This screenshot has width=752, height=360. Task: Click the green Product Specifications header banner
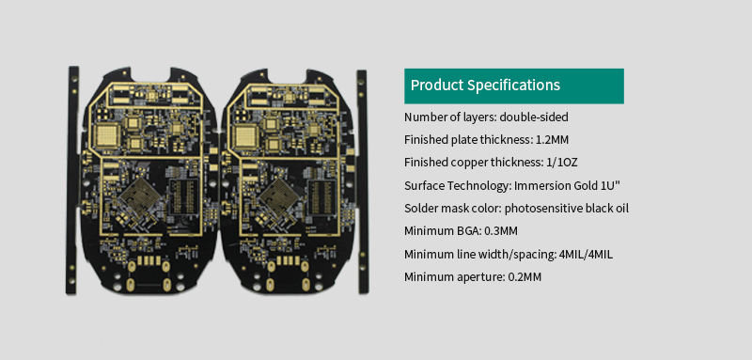click(x=514, y=86)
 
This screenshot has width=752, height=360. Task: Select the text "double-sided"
click(x=534, y=117)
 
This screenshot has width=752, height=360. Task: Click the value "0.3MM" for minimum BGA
click(x=500, y=231)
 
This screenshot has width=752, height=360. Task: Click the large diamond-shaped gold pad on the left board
click(x=145, y=198)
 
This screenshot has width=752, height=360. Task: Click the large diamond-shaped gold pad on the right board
click(x=282, y=198)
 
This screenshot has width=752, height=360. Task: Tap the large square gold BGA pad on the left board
click(x=111, y=133)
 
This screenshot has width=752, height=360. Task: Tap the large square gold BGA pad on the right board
click(x=247, y=133)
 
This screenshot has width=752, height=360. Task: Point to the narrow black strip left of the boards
click(x=72, y=179)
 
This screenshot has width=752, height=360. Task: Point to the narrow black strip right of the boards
click(x=360, y=179)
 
